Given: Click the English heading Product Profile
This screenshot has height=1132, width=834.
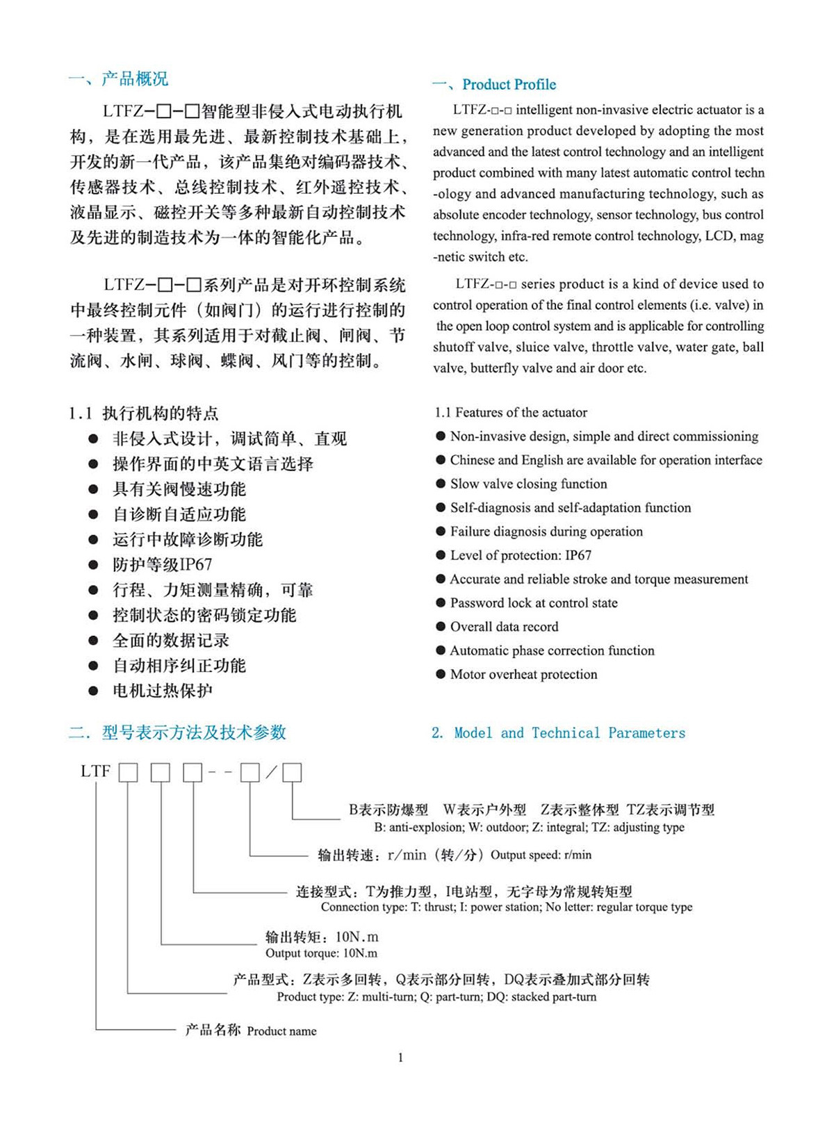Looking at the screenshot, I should tap(509, 85).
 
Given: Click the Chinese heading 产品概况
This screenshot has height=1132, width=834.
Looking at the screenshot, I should tap(134, 79).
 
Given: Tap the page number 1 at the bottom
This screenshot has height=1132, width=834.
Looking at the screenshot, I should tap(401, 1058).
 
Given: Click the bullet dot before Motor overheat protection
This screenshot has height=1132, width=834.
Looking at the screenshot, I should tap(441, 674).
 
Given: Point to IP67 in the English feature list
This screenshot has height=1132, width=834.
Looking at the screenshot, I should tap(578, 555).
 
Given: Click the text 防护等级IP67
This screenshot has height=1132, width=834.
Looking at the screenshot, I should tap(162, 565).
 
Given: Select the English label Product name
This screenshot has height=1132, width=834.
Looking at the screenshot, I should tap(281, 1031).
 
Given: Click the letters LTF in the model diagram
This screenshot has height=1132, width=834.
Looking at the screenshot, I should tap(96, 771).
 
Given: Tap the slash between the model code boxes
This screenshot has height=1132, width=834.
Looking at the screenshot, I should tap(271, 772).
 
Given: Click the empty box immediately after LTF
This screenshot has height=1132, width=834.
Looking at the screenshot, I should tap(129, 773).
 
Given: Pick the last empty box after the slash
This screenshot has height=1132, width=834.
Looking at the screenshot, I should tap(292, 773).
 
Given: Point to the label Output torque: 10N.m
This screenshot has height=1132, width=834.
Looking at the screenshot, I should tap(321, 953).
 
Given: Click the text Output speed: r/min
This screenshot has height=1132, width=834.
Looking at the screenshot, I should tap(541, 855).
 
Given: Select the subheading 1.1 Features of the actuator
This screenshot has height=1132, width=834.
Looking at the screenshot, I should tap(511, 413).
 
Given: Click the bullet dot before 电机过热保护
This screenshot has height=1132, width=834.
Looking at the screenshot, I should tap(93, 691).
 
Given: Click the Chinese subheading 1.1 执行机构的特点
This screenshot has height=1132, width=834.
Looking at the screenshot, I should tap(144, 413).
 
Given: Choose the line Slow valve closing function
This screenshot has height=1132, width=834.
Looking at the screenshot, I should tap(528, 484).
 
